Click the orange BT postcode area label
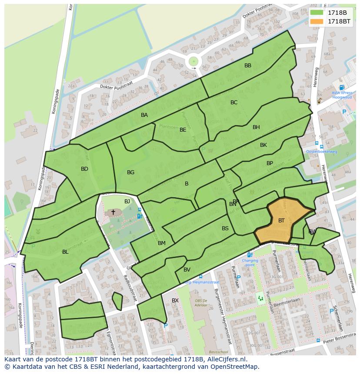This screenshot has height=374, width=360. pyautogui.click(x=281, y=221)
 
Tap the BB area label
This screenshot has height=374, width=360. pyautogui.click(x=248, y=66)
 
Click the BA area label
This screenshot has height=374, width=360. pyautogui.click(x=144, y=115)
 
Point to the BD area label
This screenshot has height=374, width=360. pyautogui.click(x=84, y=169)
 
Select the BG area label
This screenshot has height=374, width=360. pyautogui.click(x=130, y=172)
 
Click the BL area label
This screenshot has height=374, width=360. pyautogui.click(x=65, y=252)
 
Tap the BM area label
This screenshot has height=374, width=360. pyautogui.click(x=162, y=243)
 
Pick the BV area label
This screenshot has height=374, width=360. pyautogui.click(x=187, y=270)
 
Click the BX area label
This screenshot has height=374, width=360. pyautogui.click(x=175, y=301)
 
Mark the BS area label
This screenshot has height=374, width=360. pyautogui.click(x=225, y=228)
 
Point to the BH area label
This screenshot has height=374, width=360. pyautogui.click(x=256, y=127)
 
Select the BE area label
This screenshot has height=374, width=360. pyautogui.click(x=183, y=130)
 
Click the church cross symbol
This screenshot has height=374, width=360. pyautogui.click(x=113, y=212)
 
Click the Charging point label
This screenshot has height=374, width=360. pyautogui.click(x=250, y=263)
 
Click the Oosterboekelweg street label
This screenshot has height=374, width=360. pyautogui.click(x=321, y=152)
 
